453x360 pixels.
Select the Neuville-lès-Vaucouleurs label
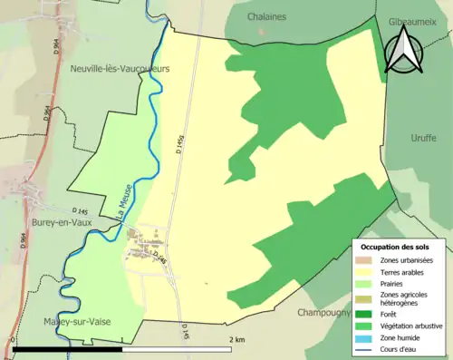[120, 68]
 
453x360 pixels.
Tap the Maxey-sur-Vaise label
[77, 322]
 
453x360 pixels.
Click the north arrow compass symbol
[402, 50]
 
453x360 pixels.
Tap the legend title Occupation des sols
[397, 247]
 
